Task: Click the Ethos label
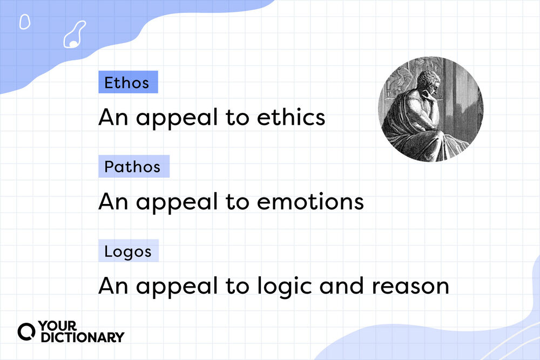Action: pos(127,83)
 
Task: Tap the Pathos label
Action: pos(133,167)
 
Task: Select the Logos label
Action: pos(128,251)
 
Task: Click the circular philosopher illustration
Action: pos(430,109)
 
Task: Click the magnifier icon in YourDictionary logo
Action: pos(26,332)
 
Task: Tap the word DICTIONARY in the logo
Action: pos(82,338)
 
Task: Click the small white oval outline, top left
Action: pos(24,22)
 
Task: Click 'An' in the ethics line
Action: pos(113,117)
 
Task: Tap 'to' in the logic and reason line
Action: pos(236,286)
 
